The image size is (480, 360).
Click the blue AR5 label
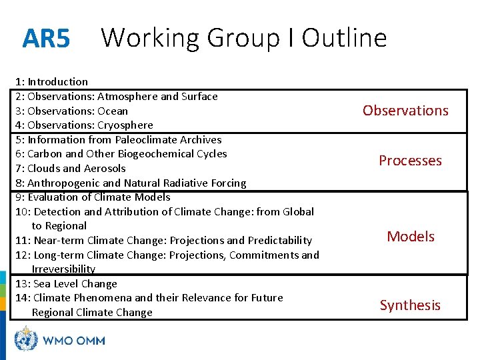tap(45, 39)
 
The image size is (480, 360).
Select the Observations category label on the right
tap(405, 111)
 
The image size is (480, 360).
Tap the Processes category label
tap(410, 161)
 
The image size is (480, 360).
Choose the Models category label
tap(410, 237)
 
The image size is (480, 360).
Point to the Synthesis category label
tap(410, 305)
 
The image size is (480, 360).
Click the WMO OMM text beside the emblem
tap(74, 340)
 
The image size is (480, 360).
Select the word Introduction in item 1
tap(58, 82)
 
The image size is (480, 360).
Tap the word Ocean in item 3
tap(113, 111)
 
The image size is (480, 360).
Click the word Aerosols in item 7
tap(105, 169)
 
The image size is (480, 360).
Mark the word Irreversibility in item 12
tap(63, 269)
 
